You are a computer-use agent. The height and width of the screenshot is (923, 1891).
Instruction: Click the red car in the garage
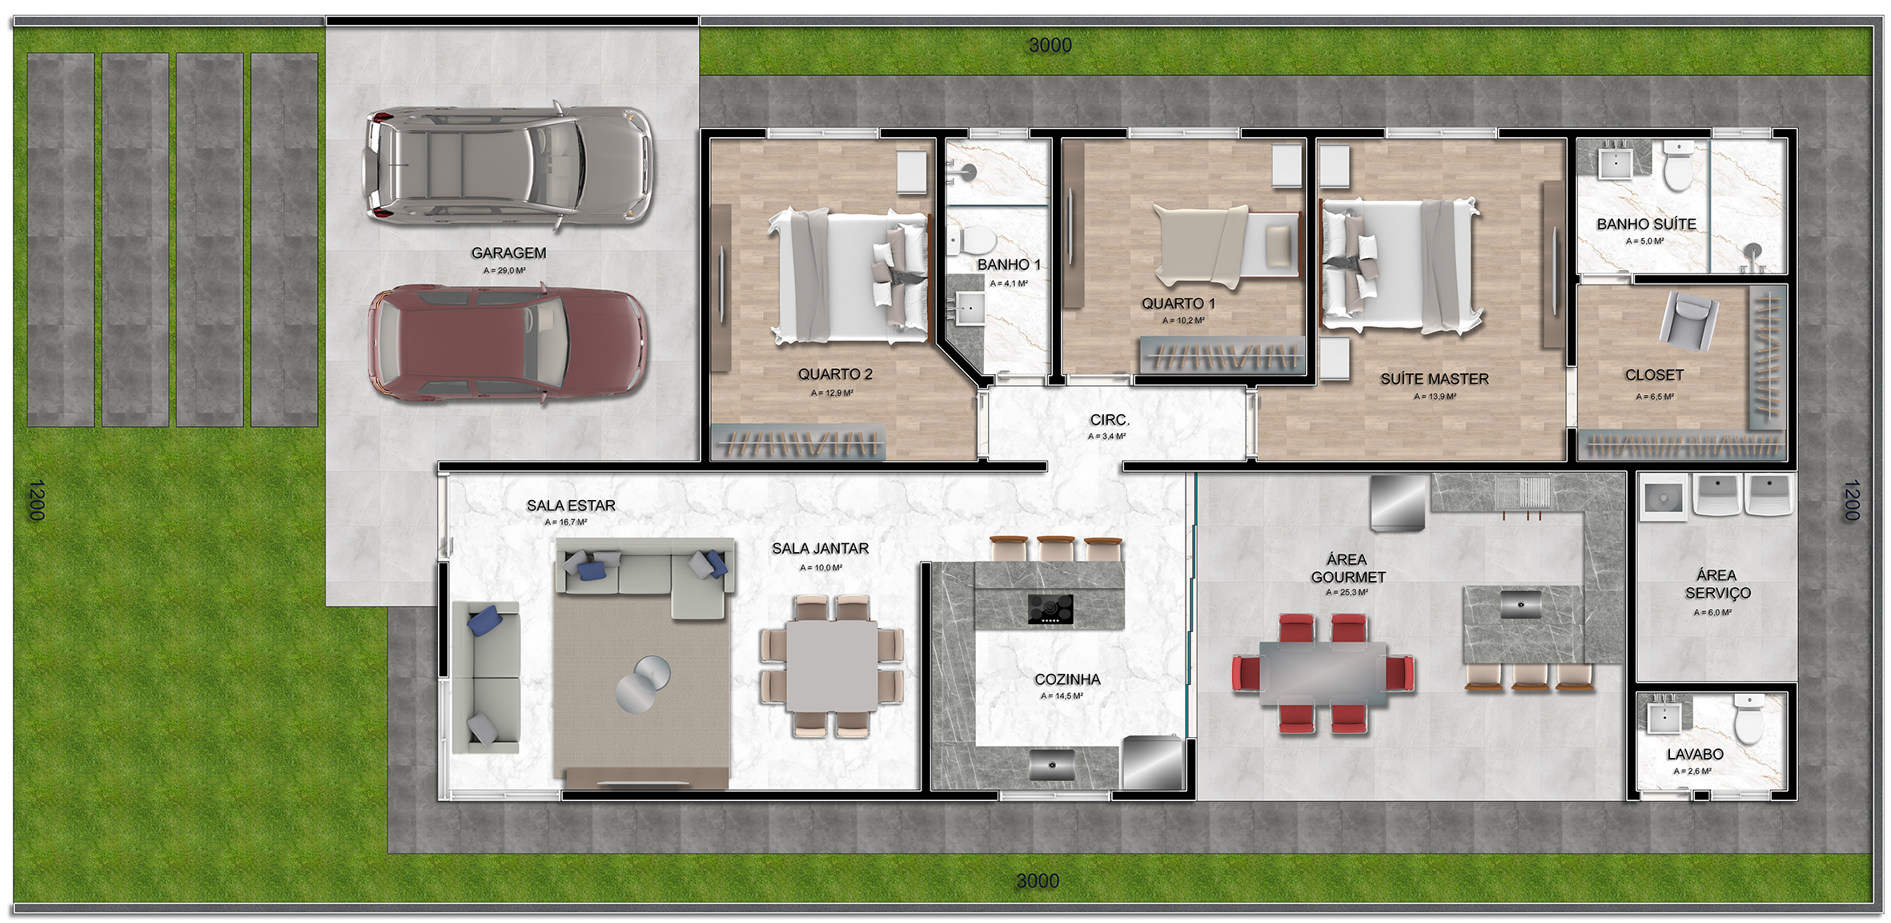click(508, 342)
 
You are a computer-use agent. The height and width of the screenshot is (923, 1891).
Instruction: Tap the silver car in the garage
click(509, 166)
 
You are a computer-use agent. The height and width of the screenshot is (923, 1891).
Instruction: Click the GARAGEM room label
click(508, 253)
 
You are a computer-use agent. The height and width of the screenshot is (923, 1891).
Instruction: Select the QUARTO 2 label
click(835, 374)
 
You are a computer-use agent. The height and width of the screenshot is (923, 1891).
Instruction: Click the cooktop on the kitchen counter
click(1050, 610)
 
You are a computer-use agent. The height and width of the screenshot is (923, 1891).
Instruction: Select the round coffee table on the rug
click(643, 683)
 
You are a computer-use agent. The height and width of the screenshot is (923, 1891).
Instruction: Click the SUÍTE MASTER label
click(1434, 379)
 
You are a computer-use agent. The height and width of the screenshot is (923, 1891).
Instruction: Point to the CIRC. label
click(1110, 420)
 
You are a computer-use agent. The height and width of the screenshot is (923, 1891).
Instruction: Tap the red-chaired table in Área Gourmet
click(1323, 673)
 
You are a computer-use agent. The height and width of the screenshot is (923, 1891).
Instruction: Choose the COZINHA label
click(1067, 679)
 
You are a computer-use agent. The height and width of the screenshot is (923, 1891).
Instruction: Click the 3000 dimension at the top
click(1050, 46)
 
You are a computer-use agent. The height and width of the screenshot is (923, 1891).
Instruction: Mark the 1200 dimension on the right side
click(1851, 500)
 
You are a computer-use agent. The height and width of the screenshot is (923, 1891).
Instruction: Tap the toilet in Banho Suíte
click(1679, 166)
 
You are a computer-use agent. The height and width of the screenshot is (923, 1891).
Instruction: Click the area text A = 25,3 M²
click(1347, 593)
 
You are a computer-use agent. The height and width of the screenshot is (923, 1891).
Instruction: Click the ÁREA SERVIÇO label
click(1717, 584)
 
